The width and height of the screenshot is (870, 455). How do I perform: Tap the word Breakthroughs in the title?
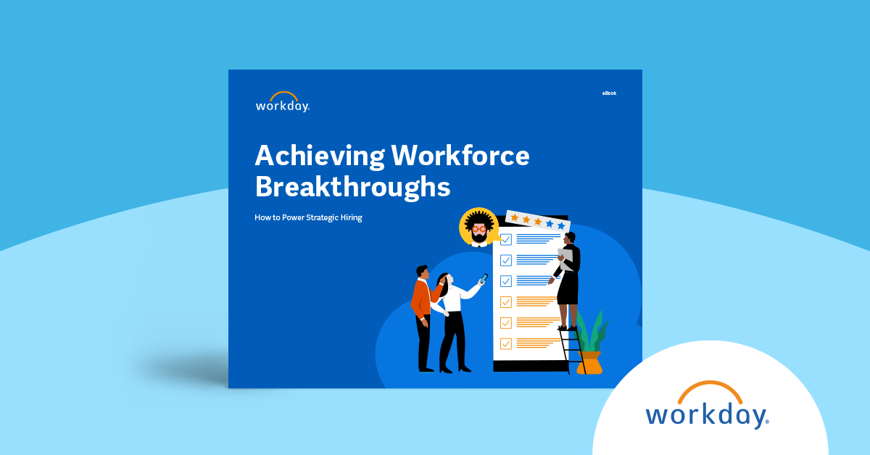coord(352,186)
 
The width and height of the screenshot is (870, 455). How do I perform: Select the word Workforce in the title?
coord(460,156)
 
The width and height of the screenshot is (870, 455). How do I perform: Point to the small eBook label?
coord(609,93)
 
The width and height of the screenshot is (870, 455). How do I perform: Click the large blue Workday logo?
coord(707,415)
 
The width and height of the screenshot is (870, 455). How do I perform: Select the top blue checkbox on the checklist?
coord(506,240)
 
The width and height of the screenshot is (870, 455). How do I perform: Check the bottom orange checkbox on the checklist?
coord(506,343)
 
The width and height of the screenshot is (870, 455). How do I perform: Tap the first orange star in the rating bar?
coord(515,217)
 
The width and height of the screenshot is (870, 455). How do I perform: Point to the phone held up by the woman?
coord(484,278)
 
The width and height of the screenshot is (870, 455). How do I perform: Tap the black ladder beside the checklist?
coord(572,351)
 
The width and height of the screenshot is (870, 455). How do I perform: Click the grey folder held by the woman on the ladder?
coord(564,259)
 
